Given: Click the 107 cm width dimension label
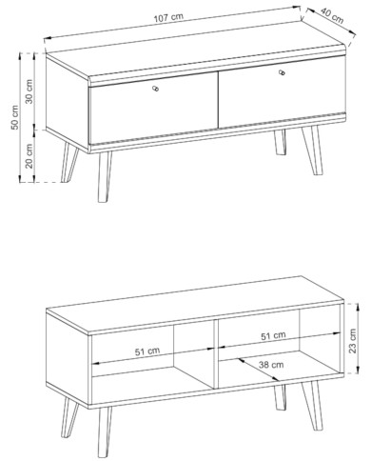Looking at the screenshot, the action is (168, 17).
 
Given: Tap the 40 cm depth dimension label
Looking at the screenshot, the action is (332, 15).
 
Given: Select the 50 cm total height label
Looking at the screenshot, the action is (15, 117).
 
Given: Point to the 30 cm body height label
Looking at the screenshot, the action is (29, 91).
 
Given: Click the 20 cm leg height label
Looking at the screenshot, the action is (29, 155).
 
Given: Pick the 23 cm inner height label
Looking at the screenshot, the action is (353, 341).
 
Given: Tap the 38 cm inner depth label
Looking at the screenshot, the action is (271, 365).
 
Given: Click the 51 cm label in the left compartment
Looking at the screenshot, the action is (147, 351).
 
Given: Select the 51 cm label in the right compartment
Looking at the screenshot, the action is (273, 335).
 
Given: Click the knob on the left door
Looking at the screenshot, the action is (155, 89).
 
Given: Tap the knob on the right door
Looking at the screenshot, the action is (282, 72).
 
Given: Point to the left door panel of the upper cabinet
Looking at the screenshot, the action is (154, 111).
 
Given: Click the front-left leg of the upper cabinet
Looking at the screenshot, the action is (104, 176).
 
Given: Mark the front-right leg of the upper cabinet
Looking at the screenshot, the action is (312, 150).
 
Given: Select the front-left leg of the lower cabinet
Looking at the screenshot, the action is (104, 432).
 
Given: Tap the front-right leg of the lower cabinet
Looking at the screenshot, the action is (312, 406).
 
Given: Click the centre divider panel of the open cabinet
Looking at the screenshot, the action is (216, 353).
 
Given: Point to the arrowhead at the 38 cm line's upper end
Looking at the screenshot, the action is (242, 361).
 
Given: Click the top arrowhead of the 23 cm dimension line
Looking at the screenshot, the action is (358, 306).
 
